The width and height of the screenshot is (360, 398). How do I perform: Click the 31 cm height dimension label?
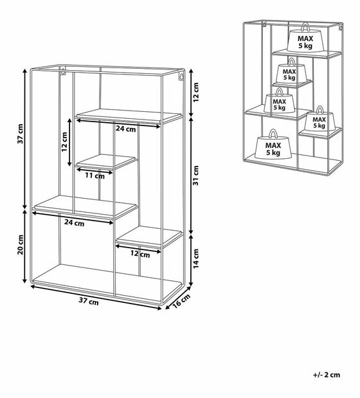(x=196, y=176)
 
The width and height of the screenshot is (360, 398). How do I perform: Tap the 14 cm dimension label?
(x=196, y=258)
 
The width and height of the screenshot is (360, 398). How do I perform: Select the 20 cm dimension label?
(x=21, y=245)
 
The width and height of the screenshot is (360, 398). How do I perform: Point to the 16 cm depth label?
(x=181, y=302)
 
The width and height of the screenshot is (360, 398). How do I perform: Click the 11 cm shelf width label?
(x=94, y=176)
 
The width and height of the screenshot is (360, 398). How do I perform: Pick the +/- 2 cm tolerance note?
(x=327, y=375)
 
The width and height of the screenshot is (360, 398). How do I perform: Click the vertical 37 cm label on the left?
(x=21, y=134)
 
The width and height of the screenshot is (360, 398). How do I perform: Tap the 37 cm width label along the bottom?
(x=89, y=301)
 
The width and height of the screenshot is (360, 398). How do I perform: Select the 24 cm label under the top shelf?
(x=126, y=129)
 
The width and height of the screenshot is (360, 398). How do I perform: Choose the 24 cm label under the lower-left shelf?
(x=74, y=222)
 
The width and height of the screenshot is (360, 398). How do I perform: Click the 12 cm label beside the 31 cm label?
(x=196, y=92)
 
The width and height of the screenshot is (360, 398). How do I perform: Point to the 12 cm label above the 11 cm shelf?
(x=64, y=142)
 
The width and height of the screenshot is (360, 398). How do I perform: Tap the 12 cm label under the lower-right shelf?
(x=140, y=254)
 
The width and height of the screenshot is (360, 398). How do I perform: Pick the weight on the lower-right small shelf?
(x=319, y=120)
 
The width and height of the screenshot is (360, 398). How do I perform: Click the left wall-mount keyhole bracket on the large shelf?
(x=63, y=70)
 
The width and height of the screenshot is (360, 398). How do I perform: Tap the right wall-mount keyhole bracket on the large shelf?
(x=181, y=76)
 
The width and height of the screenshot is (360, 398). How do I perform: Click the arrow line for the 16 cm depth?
(x=178, y=298)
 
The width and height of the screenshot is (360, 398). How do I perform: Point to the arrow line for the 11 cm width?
(x=94, y=170)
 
